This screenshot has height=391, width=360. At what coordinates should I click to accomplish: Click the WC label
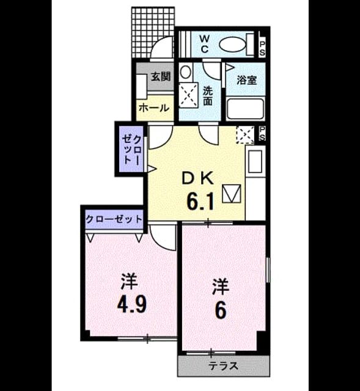click(204, 44)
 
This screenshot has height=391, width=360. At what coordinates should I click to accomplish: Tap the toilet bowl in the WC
click(232, 45)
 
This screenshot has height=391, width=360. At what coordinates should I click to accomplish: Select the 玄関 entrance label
click(161, 76)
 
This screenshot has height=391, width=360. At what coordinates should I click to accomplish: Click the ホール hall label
click(154, 108)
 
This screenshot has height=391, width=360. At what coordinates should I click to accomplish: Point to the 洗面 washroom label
click(207, 96)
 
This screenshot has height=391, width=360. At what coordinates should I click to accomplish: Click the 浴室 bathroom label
click(246, 80)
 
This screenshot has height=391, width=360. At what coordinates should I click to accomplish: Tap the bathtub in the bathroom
click(245, 109)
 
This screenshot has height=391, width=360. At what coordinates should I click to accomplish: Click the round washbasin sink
click(185, 72)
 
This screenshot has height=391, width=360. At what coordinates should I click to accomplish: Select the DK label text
click(198, 178)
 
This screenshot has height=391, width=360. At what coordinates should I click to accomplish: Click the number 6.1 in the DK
click(200, 202)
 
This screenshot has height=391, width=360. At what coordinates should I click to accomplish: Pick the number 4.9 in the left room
click(132, 304)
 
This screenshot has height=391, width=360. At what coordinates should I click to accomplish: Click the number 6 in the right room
click(221, 310)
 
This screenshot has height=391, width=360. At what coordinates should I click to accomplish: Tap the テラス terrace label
click(223, 366)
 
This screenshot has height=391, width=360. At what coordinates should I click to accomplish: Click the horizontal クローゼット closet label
click(114, 219)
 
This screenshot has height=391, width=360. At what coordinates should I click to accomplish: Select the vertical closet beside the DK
click(131, 149)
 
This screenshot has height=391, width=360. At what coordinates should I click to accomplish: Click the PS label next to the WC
click(262, 48)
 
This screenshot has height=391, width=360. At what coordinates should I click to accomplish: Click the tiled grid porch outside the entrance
click(152, 32)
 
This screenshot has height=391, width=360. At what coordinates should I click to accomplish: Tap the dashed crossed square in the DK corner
click(245, 135)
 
